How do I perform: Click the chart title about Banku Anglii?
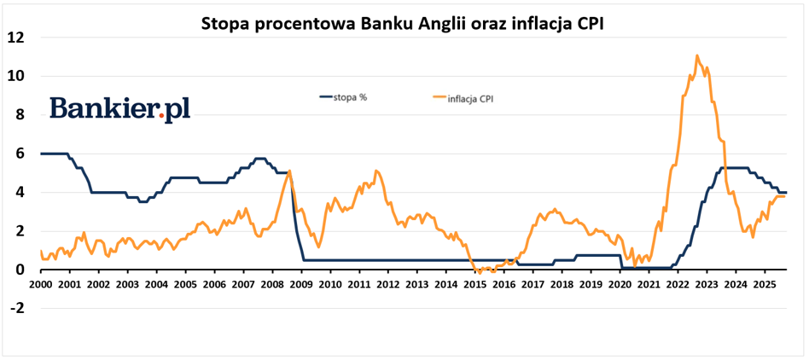402,23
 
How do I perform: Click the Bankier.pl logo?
119,108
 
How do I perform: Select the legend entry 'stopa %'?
351,96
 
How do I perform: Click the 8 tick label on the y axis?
19,115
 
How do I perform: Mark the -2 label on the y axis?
16,309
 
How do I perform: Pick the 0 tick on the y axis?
19,270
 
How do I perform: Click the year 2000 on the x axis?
40,284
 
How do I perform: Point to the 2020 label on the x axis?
619,284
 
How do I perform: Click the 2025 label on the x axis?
764,284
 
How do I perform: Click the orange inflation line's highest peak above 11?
697,56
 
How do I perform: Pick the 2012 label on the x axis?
387,284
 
